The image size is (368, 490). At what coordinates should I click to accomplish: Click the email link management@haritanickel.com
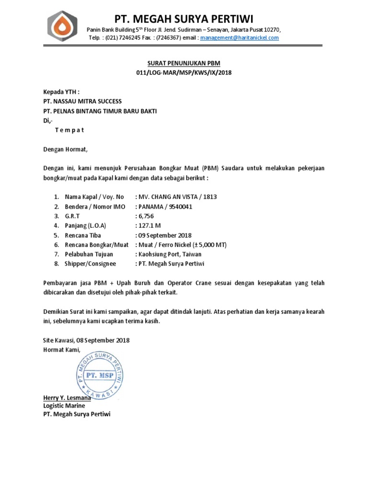[239, 38]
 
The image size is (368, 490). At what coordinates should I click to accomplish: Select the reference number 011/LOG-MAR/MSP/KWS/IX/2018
[184, 73]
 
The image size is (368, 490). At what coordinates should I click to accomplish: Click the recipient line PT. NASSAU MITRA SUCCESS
[82, 101]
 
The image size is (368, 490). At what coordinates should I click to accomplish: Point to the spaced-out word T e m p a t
[69, 130]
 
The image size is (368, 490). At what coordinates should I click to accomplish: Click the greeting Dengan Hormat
[66, 150]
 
